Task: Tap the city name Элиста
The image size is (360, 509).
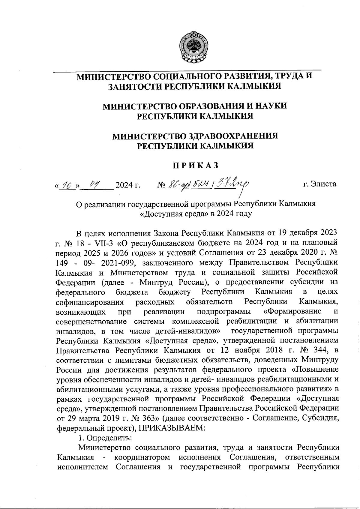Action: (324, 184)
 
